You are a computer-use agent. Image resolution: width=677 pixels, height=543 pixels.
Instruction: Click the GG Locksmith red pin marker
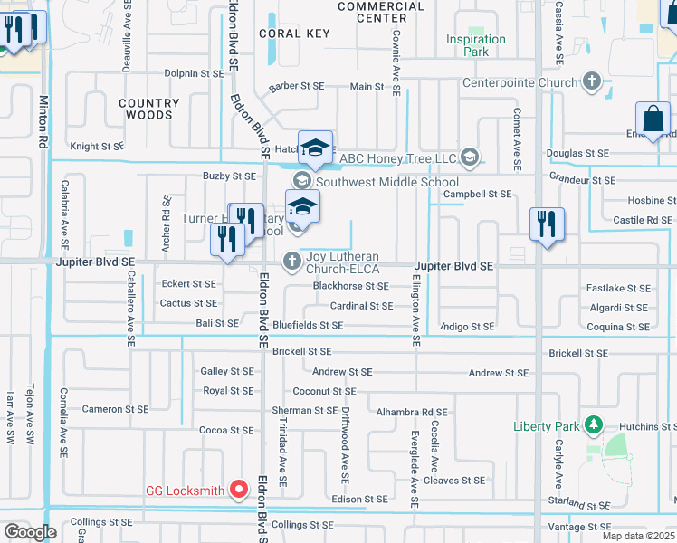tap(239, 491)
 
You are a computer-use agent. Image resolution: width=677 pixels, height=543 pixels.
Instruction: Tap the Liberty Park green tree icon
tap(593, 424)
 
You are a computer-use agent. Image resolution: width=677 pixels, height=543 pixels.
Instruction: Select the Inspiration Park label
tap(475, 45)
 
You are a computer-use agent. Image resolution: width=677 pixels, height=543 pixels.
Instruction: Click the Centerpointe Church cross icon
tap(592, 83)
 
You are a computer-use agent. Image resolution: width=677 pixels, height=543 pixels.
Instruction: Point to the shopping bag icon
tap(653, 119)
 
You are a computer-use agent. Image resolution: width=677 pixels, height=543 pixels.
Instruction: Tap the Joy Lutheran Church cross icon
tap(292, 262)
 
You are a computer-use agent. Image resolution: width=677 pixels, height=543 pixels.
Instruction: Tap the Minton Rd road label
tap(43, 121)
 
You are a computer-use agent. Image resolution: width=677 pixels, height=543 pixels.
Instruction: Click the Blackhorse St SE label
tap(350, 286)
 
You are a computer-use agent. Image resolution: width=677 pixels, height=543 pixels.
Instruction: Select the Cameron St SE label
tap(115, 409)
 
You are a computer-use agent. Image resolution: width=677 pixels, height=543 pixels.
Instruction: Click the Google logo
tap(29, 532)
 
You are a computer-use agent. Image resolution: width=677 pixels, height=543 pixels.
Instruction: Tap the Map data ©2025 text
tap(637, 536)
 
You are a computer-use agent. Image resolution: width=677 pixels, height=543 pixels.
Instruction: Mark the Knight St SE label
tap(97, 146)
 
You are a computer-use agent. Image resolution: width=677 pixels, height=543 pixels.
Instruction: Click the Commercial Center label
tap(380, 12)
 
